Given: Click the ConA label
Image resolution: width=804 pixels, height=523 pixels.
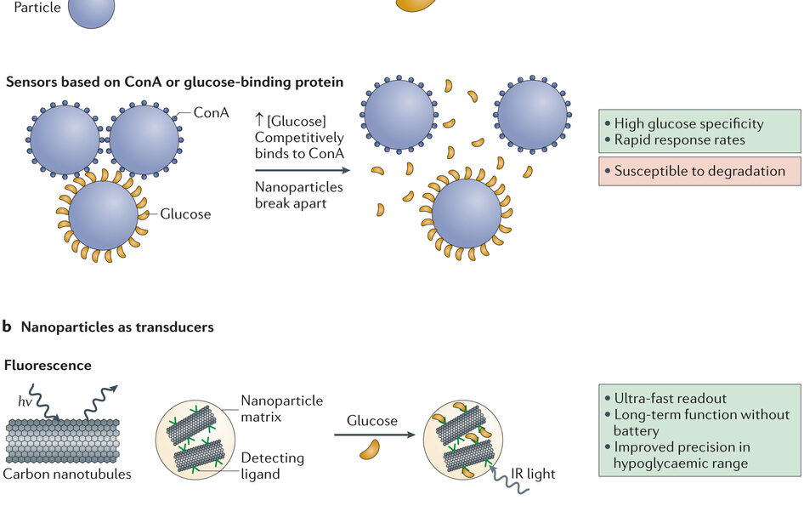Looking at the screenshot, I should (211, 112).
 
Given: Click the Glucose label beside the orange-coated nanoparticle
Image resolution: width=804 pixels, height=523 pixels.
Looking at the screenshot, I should (185, 213).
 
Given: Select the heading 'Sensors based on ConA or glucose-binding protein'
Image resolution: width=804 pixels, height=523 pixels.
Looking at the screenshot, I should (174, 82).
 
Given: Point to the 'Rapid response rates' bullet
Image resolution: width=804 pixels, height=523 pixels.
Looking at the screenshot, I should (679, 140).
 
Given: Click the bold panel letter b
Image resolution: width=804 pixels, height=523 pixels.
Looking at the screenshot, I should (7, 326).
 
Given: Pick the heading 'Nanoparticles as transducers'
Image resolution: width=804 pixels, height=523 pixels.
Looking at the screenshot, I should (117, 327).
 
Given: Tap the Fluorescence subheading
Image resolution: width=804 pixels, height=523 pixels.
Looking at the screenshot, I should (48, 366).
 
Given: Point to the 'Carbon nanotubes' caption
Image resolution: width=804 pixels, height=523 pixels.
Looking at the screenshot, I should (67, 474).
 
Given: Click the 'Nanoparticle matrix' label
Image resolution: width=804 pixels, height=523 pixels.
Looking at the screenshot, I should (281, 407).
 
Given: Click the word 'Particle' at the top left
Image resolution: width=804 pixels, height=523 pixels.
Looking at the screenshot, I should (37, 8).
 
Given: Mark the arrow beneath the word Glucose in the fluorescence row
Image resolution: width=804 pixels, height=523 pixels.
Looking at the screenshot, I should (372, 435).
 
